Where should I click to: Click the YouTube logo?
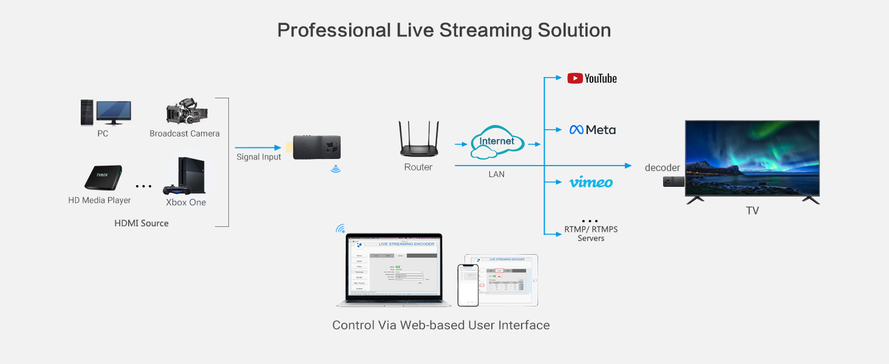point(591,78)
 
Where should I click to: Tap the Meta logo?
point(592,130)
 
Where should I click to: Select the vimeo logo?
point(591,182)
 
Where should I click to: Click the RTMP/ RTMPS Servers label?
point(591,234)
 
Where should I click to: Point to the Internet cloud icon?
point(497,142)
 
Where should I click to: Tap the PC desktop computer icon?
point(106,113)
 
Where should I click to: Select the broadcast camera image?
point(186,112)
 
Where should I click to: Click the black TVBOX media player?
point(103,178)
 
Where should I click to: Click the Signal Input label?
point(259,157)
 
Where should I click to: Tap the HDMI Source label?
point(141,223)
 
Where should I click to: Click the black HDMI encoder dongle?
point(315,147)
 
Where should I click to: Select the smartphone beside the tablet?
point(468,285)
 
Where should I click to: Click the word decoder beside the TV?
point(662,167)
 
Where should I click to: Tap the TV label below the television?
point(752,211)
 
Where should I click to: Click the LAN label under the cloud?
point(496,175)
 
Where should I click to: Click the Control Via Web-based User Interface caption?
point(441,325)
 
